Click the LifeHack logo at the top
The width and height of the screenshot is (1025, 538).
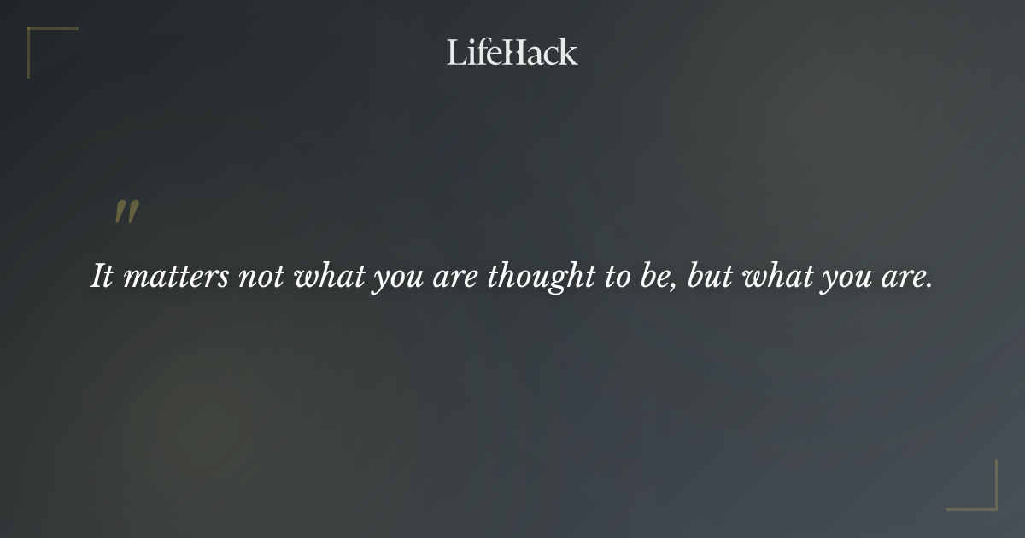[512, 52]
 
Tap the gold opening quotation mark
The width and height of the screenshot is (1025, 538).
[126, 213]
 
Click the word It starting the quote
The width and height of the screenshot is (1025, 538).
[102, 278]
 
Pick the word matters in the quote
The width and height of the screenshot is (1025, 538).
[175, 278]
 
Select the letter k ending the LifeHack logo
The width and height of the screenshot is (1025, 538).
[568, 52]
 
